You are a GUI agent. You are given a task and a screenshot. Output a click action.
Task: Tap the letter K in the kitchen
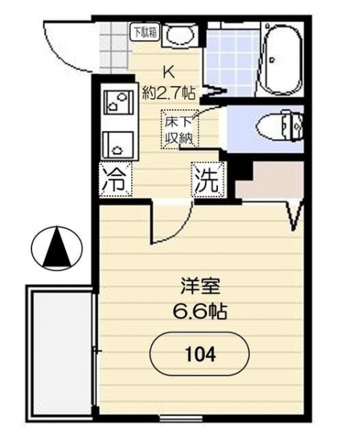[x=169, y=73]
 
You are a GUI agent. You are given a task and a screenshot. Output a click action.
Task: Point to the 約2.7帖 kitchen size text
[x=169, y=93]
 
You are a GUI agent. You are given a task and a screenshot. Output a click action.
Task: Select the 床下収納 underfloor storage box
[x=179, y=130]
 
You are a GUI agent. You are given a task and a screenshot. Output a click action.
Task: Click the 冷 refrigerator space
[x=115, y=180]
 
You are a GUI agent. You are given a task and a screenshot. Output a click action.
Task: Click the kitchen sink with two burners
[x=119, y=121]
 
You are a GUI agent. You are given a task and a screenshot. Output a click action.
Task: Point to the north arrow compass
[x=57, y=248]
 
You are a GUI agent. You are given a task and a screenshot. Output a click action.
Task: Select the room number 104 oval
[x=200, y=354]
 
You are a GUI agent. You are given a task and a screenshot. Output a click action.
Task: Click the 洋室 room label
[x=200, y=287]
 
